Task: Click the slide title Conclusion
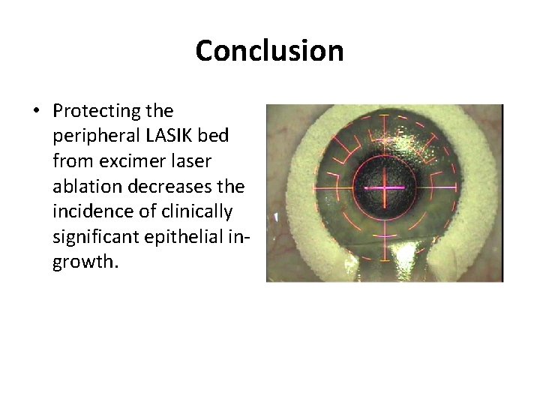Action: coord(269,51)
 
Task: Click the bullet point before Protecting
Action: coord(36,112)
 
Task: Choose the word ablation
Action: coord(85,187)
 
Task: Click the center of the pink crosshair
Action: coord(384,187)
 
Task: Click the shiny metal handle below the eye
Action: coord(384,262)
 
